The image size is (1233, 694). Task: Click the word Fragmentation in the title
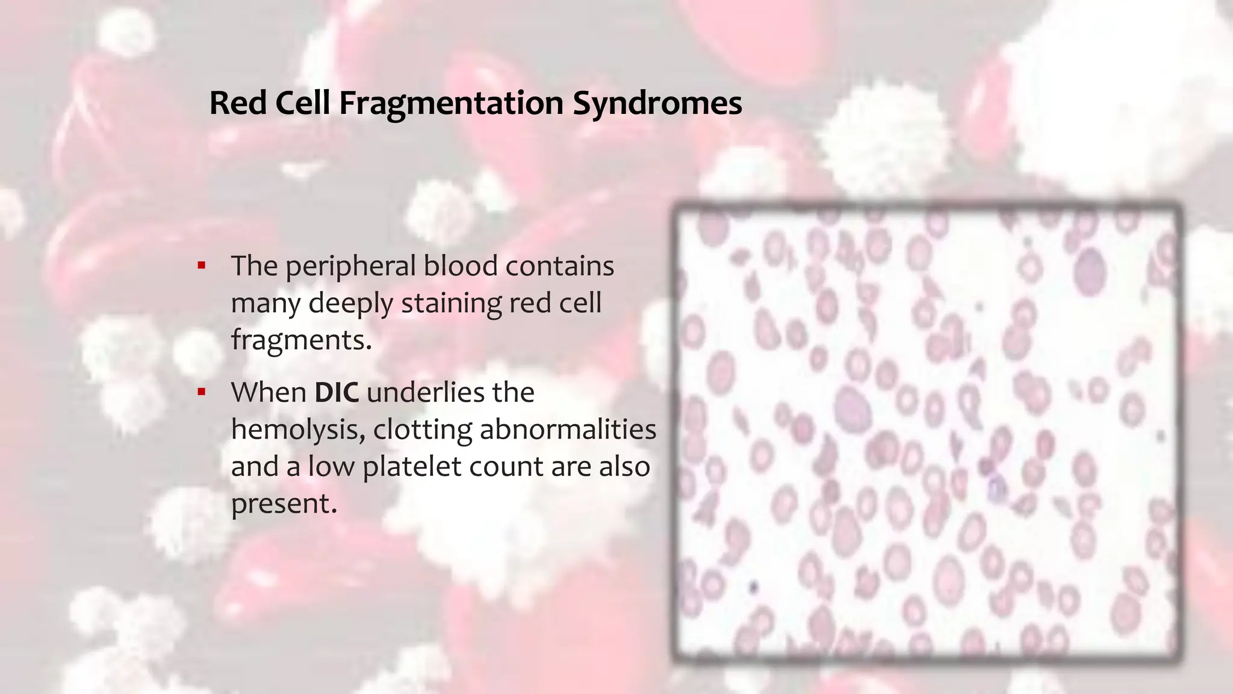[x=450, y=103]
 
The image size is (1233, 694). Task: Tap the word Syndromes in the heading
[x=657, y=103]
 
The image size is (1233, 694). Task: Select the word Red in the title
[x=238, y=103]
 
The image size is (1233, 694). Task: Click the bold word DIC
[x=337, y=393]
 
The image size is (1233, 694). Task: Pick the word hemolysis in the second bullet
[x=297, y=430]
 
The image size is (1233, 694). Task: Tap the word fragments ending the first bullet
[x=301, y=340]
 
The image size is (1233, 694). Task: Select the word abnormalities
[x=568, y=430]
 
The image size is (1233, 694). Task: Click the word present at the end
[x=283, y=504]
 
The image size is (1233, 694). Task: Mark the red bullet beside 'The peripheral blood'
[x=202, y=266]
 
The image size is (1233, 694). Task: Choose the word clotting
[x=423, y=430]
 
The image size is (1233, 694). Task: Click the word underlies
[x=425, y=393]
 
